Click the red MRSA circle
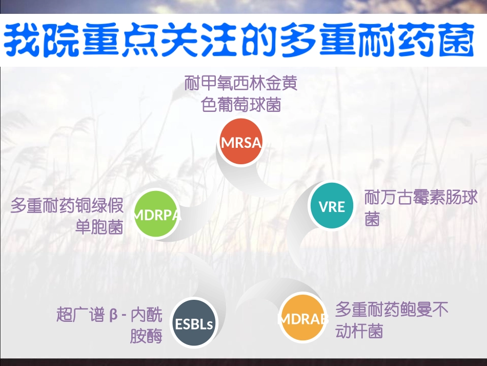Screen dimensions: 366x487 point(241,142)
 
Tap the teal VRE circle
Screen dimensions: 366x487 point(332,206)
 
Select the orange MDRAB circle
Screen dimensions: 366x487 point(303,318)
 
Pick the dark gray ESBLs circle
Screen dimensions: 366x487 point(194,323)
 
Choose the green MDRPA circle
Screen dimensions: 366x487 point(157,215)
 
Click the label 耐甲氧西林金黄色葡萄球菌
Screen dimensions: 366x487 point(241,94)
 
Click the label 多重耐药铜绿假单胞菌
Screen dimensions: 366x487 point(68,216)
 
